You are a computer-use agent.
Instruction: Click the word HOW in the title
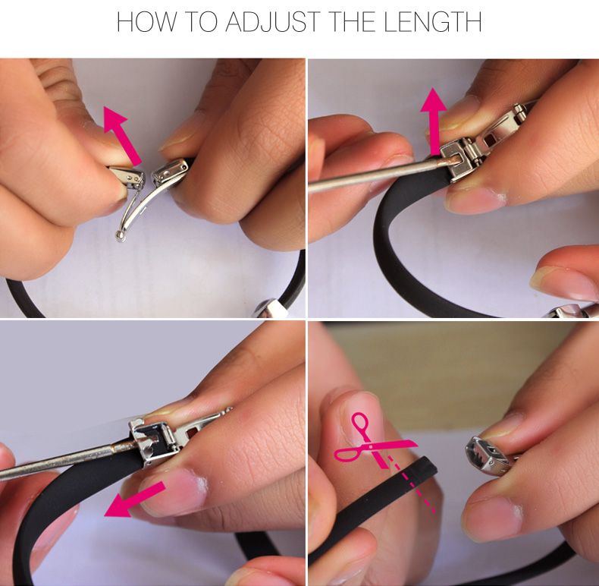pos(146,22)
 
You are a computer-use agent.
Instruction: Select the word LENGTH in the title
pos(432,22)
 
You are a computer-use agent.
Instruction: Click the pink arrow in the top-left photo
pos(122,135)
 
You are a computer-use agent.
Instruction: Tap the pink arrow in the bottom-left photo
pos(134,499)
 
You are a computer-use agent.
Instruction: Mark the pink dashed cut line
pos(412,484)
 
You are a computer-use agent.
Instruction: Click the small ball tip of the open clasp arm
pos(121,236)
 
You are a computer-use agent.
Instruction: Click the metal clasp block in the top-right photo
pos(463,160)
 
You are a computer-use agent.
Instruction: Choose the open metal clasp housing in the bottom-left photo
pos(153,441)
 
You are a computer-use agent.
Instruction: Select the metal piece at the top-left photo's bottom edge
pos(272,308)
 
